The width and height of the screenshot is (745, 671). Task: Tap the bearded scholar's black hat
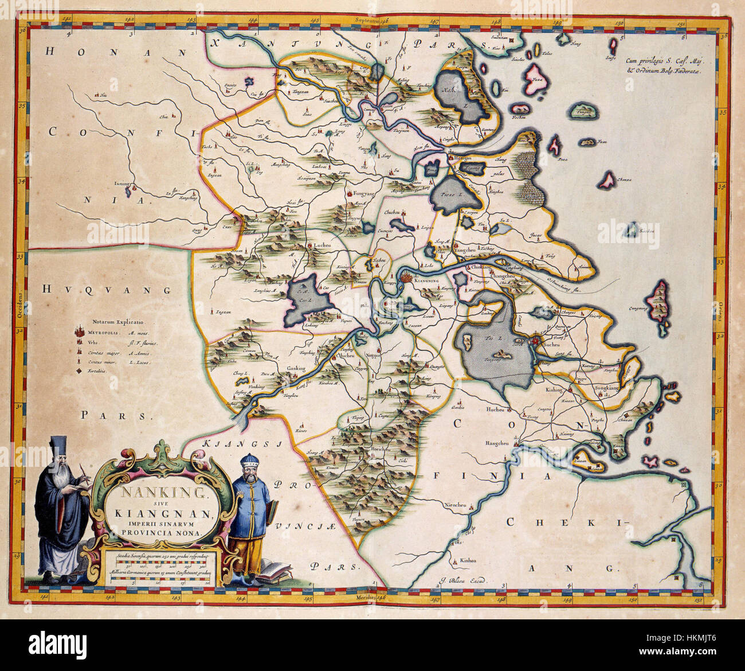pos(57,444)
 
